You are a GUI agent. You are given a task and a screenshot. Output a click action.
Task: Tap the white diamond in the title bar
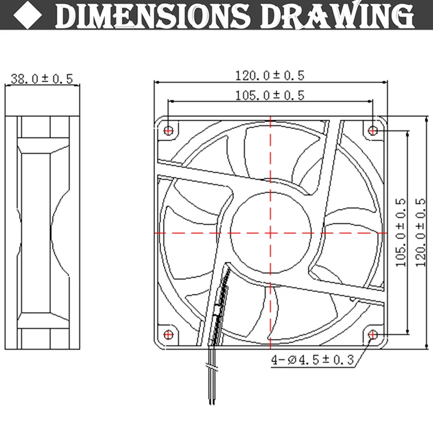click(x=28, y=15)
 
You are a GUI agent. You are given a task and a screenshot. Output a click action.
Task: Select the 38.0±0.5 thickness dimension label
click(x=42, y=79)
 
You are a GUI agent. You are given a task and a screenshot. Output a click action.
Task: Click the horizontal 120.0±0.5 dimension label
click(x=270, y=75)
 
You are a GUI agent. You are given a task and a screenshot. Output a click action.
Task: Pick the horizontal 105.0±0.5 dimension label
click(x=270, y=95)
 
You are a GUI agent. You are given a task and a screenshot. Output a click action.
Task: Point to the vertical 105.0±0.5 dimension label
click(x=401, y=233)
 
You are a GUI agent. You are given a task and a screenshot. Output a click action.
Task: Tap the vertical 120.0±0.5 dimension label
click(x=421, y=233)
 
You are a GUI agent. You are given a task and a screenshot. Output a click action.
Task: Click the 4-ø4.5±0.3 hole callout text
click(x=313, y=359)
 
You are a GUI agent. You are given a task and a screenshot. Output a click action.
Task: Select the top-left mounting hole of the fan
click(x=168, y=130)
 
